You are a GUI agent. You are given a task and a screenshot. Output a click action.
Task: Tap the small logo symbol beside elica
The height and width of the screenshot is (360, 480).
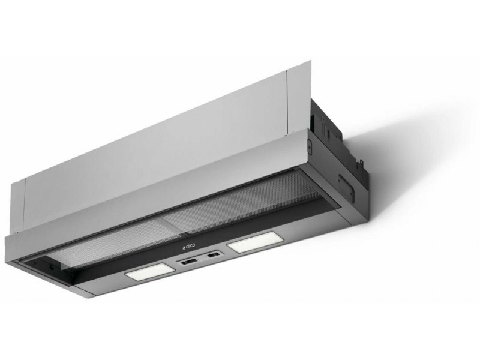tap(181, 247)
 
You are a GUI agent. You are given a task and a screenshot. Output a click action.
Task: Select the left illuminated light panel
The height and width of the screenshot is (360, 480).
tap(150, 272)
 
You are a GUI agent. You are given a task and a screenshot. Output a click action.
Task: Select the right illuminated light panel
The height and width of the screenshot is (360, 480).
tap(251, 242)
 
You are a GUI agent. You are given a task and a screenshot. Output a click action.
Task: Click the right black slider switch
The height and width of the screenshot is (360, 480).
tap(214, 254)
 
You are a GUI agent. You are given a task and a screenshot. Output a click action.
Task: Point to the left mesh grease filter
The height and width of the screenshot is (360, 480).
tap(107, 248)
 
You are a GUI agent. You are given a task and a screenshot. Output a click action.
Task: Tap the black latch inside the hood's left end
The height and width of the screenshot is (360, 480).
tap(51, 267)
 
